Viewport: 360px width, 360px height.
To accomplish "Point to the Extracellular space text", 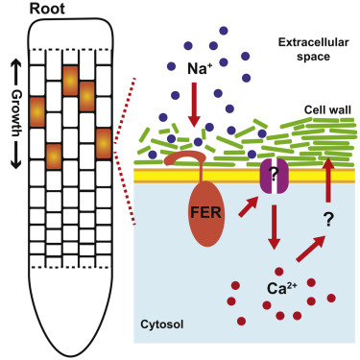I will (304, 50).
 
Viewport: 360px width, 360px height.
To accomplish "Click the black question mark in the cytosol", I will (327, 219).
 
